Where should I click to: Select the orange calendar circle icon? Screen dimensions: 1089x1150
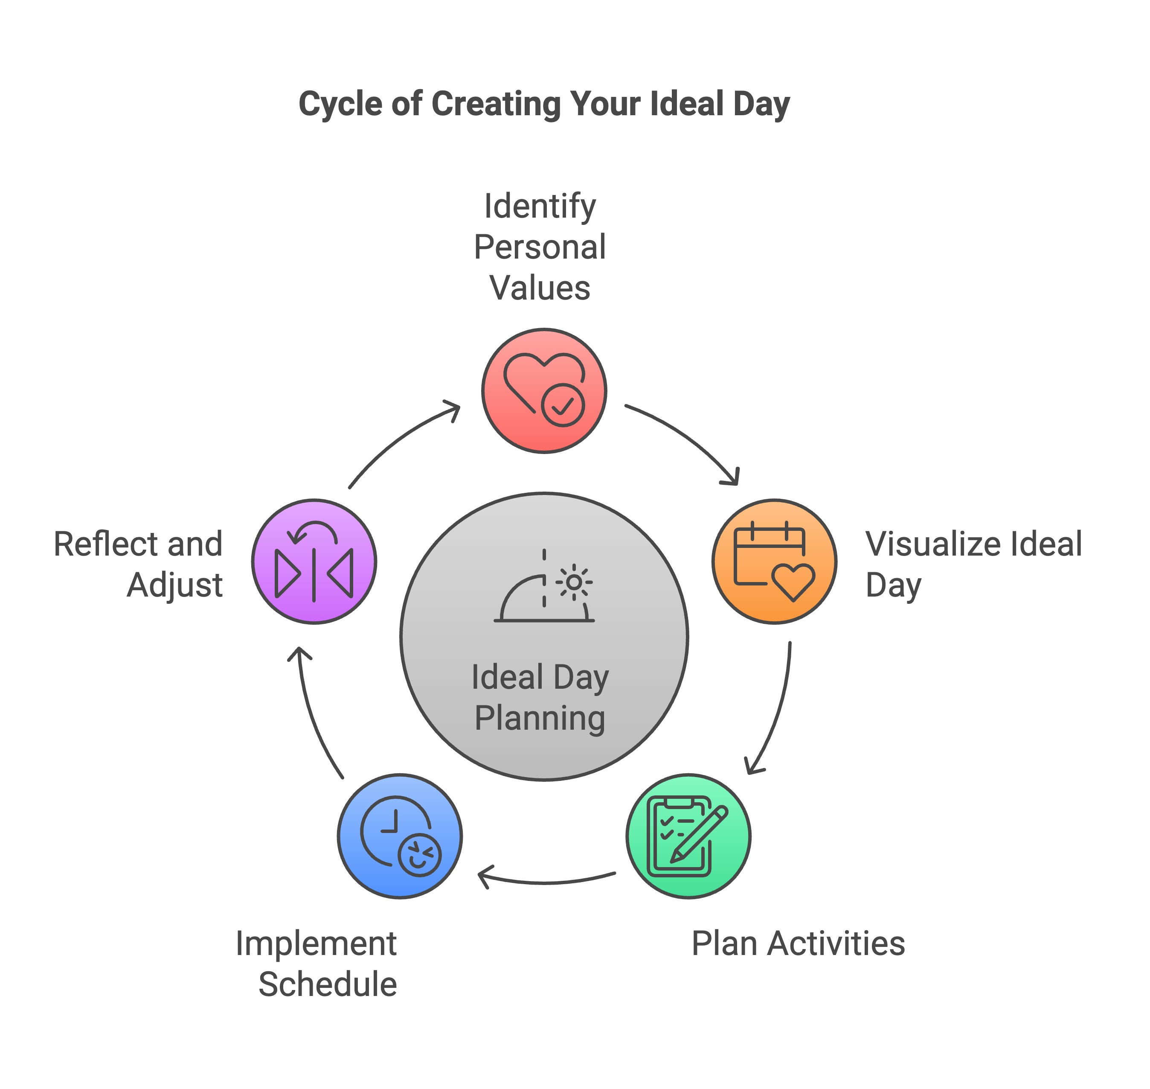(774, 561)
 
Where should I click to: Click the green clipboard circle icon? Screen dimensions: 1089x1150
(688, 836)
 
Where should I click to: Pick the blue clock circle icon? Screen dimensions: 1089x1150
(400, 836)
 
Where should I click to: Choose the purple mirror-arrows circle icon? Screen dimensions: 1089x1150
(314, 561)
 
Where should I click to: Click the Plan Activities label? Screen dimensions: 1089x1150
(798, 943)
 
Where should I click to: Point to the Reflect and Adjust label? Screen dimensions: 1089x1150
(138, 564)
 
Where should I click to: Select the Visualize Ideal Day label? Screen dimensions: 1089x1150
(973, 564)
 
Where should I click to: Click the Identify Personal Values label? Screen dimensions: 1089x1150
(540, 247)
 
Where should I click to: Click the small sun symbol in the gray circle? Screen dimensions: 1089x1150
(574, 582)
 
